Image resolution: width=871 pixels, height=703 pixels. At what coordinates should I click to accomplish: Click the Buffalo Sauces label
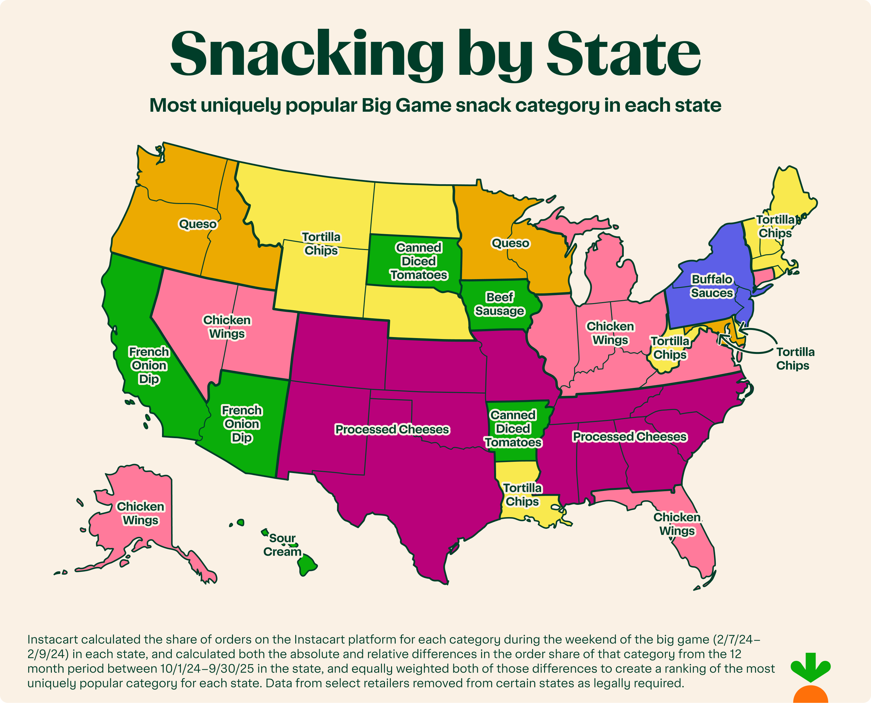[712, 286]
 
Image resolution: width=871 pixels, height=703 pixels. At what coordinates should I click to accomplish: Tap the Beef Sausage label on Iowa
[500, 304]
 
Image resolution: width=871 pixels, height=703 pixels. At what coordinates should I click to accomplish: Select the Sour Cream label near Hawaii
[282, 545]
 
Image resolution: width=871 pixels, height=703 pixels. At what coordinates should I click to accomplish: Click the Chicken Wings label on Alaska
[140, 513]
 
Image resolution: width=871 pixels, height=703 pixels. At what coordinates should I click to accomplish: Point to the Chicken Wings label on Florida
[677, 524]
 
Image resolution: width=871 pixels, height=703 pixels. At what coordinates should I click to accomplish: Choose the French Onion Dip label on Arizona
[241, 424]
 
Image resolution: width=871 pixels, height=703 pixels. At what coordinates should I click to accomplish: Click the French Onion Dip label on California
[149, 365]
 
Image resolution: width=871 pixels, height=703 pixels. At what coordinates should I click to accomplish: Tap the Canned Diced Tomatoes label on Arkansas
[513, 428]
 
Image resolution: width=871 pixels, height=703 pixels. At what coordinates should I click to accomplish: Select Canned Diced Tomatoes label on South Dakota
[418, 261]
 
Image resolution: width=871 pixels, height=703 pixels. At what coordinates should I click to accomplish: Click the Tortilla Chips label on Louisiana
[522, 494]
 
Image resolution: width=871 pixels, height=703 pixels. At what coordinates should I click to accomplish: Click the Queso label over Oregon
[198, 224]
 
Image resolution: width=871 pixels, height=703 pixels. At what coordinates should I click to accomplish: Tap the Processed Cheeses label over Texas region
[392, 429]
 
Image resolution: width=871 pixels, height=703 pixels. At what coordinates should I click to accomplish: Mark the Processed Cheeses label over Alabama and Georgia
[630, 437]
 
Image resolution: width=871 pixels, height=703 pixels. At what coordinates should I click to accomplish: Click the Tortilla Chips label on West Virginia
[670, 348]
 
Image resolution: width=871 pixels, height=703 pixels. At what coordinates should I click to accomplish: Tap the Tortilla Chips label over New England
[775, 226]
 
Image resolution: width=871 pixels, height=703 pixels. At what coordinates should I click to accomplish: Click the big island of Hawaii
[308, 564]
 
